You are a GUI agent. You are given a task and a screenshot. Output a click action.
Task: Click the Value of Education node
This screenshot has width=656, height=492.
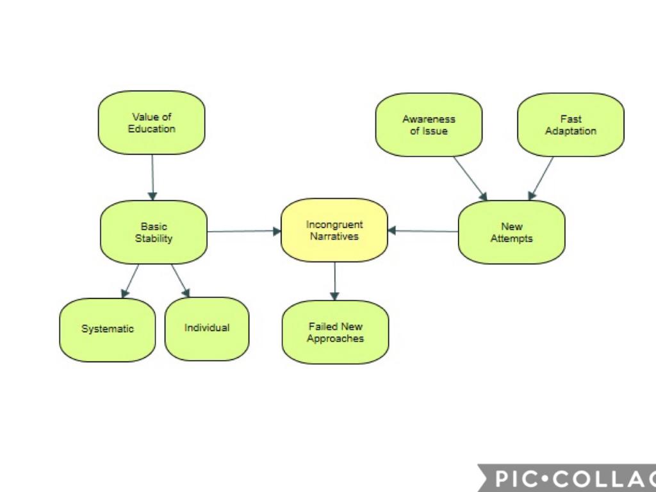[x=151, y=122]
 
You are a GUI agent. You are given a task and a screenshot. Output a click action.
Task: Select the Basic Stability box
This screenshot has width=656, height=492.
[x=154, y=232]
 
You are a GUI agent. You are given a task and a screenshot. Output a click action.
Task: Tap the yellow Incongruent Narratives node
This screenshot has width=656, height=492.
[x=334, y=230]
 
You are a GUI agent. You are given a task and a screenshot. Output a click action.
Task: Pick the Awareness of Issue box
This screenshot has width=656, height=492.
[x=429, y=125]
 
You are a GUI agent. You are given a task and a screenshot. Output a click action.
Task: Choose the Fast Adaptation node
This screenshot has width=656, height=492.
[x=570, y=125]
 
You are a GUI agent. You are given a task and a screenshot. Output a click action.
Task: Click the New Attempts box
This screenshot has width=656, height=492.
[x=511, y=232]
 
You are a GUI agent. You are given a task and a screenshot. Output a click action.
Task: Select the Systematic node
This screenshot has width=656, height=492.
[x=108, y=329]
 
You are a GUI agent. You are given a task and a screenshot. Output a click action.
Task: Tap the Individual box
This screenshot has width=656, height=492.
[x=206, y=328]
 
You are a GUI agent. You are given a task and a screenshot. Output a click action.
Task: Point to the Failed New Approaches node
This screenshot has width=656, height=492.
[x=335, y=332]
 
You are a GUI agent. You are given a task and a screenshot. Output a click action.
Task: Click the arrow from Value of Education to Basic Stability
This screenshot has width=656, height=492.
[x=152, y=177]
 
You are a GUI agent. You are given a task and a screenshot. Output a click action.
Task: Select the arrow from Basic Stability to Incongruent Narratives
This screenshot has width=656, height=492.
[x=244, y=231]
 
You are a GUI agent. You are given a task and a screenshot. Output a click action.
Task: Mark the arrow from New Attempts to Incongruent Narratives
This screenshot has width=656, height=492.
[x=423, y=231]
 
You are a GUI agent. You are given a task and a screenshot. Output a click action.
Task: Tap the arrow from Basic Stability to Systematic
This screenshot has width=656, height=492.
[x=130, y=281]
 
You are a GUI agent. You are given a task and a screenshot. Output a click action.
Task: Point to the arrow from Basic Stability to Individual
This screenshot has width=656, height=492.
[x=181, y=281]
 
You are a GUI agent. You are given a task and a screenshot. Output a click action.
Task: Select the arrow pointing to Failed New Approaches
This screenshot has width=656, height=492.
[x=334, y=281]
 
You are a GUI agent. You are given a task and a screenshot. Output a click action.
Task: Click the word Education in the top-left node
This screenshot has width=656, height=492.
[x=151, y=129]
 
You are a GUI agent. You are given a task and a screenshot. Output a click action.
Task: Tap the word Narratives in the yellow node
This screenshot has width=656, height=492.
[x=334, y=236]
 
